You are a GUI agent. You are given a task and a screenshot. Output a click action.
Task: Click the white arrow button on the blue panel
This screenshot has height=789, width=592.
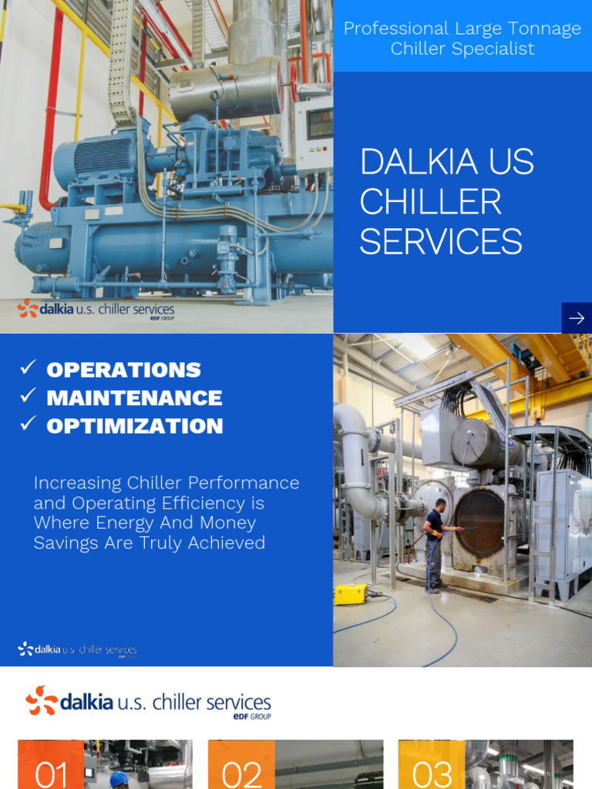pos(576,318)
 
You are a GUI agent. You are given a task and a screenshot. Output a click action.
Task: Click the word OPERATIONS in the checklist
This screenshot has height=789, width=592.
pos(123,370)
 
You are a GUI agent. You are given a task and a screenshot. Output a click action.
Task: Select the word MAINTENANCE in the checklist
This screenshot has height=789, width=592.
pos(134,398)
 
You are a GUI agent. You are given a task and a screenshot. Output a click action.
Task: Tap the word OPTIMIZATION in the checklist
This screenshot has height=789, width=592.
pos(135,426)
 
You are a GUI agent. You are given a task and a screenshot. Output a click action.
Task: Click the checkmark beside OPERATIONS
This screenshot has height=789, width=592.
pos(28,368)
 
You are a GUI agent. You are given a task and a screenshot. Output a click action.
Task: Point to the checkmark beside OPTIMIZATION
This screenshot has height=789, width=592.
pos(28,424)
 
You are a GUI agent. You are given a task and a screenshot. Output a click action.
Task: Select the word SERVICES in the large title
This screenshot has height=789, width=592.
pos(441,242)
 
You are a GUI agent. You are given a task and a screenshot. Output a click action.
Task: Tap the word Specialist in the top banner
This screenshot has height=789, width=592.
pos(496,49)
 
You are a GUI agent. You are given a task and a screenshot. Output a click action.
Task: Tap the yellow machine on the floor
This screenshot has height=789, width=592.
pos(350,593)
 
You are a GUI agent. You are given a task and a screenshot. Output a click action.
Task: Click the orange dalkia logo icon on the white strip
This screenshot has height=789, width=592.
pos(42,700)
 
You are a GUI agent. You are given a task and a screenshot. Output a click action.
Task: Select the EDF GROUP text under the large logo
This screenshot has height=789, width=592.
pos(251,717)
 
